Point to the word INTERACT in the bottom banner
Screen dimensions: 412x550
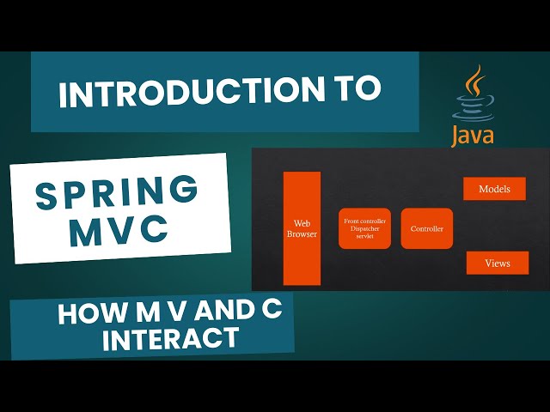170,337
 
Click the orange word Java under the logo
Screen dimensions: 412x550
473,135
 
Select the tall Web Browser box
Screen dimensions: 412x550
302,227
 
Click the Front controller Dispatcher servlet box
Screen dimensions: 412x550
364,228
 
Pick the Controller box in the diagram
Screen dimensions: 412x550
427,228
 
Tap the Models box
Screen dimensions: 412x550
494,189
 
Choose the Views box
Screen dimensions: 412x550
497,263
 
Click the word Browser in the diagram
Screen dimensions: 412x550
302,233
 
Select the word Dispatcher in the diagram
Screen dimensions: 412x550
364,228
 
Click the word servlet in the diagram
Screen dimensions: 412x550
364,236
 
